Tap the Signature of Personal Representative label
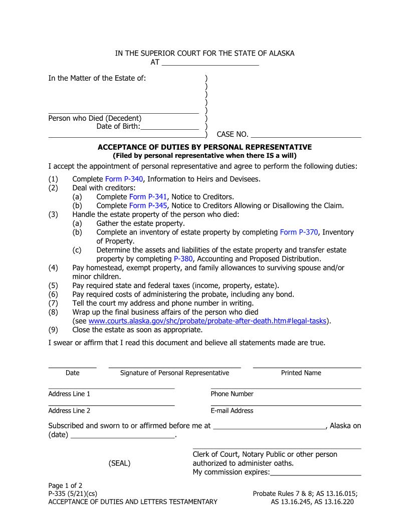coord(174,373)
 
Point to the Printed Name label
coord(301,373)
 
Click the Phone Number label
coord(232,394)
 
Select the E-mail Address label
coord(232,411)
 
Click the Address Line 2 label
coord(69,411)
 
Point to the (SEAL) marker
coord(119,463)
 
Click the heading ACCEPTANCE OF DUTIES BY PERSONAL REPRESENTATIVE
coord(204,147)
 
